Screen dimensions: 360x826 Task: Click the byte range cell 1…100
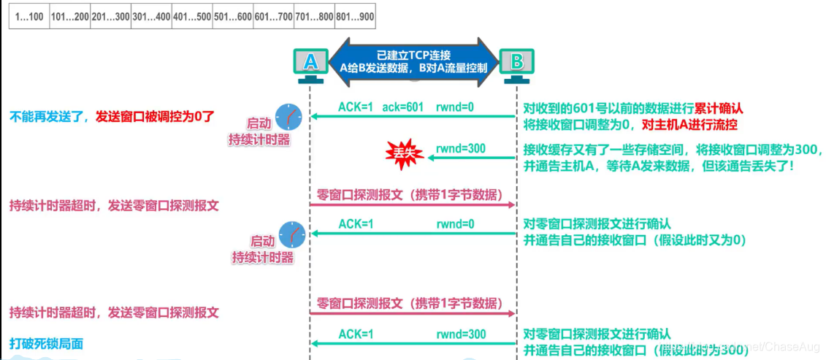28,18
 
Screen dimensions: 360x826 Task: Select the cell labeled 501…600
232,18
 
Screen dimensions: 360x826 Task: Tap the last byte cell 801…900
354,18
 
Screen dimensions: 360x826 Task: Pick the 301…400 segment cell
151,18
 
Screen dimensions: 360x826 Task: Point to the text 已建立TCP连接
413,55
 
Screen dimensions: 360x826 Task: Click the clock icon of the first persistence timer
288,115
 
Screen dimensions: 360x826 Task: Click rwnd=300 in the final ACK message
462,334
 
